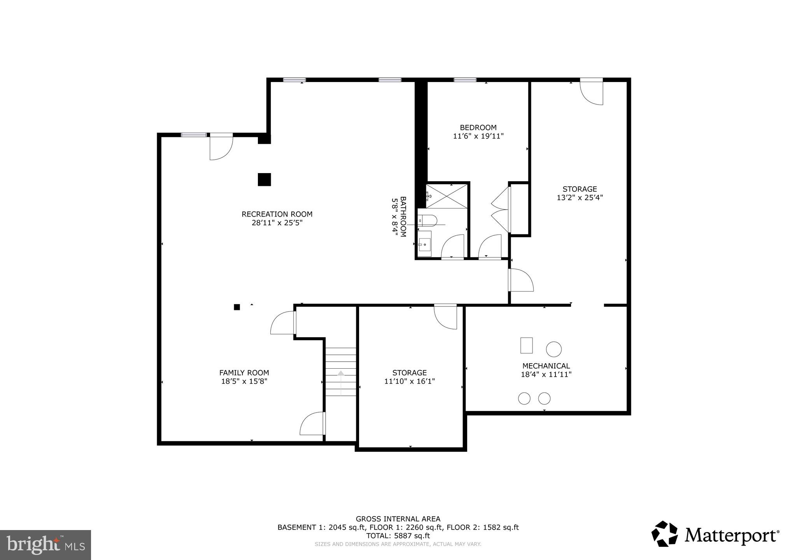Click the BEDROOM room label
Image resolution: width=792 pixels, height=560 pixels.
click(478, 128)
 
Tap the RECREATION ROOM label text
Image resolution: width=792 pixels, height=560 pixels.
click(277, 214)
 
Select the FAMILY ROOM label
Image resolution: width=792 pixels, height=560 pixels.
click(244, 373)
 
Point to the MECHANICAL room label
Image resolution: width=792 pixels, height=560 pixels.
click(546, 366)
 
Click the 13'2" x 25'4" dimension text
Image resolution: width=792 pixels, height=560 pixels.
click(580, 198)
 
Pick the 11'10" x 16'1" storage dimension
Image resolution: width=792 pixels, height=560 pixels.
click(409, 381)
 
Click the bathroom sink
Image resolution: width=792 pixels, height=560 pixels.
click(425, 244)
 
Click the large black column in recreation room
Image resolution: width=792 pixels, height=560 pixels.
click(264, 180)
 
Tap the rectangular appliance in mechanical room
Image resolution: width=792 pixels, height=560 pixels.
click(526, 345)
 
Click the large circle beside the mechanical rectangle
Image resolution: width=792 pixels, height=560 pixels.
click(554, 349)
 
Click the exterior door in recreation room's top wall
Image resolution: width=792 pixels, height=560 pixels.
click(221, 147)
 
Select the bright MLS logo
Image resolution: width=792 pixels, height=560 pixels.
click(46, 545)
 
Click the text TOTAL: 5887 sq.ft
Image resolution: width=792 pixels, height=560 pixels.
click(398, 535)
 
